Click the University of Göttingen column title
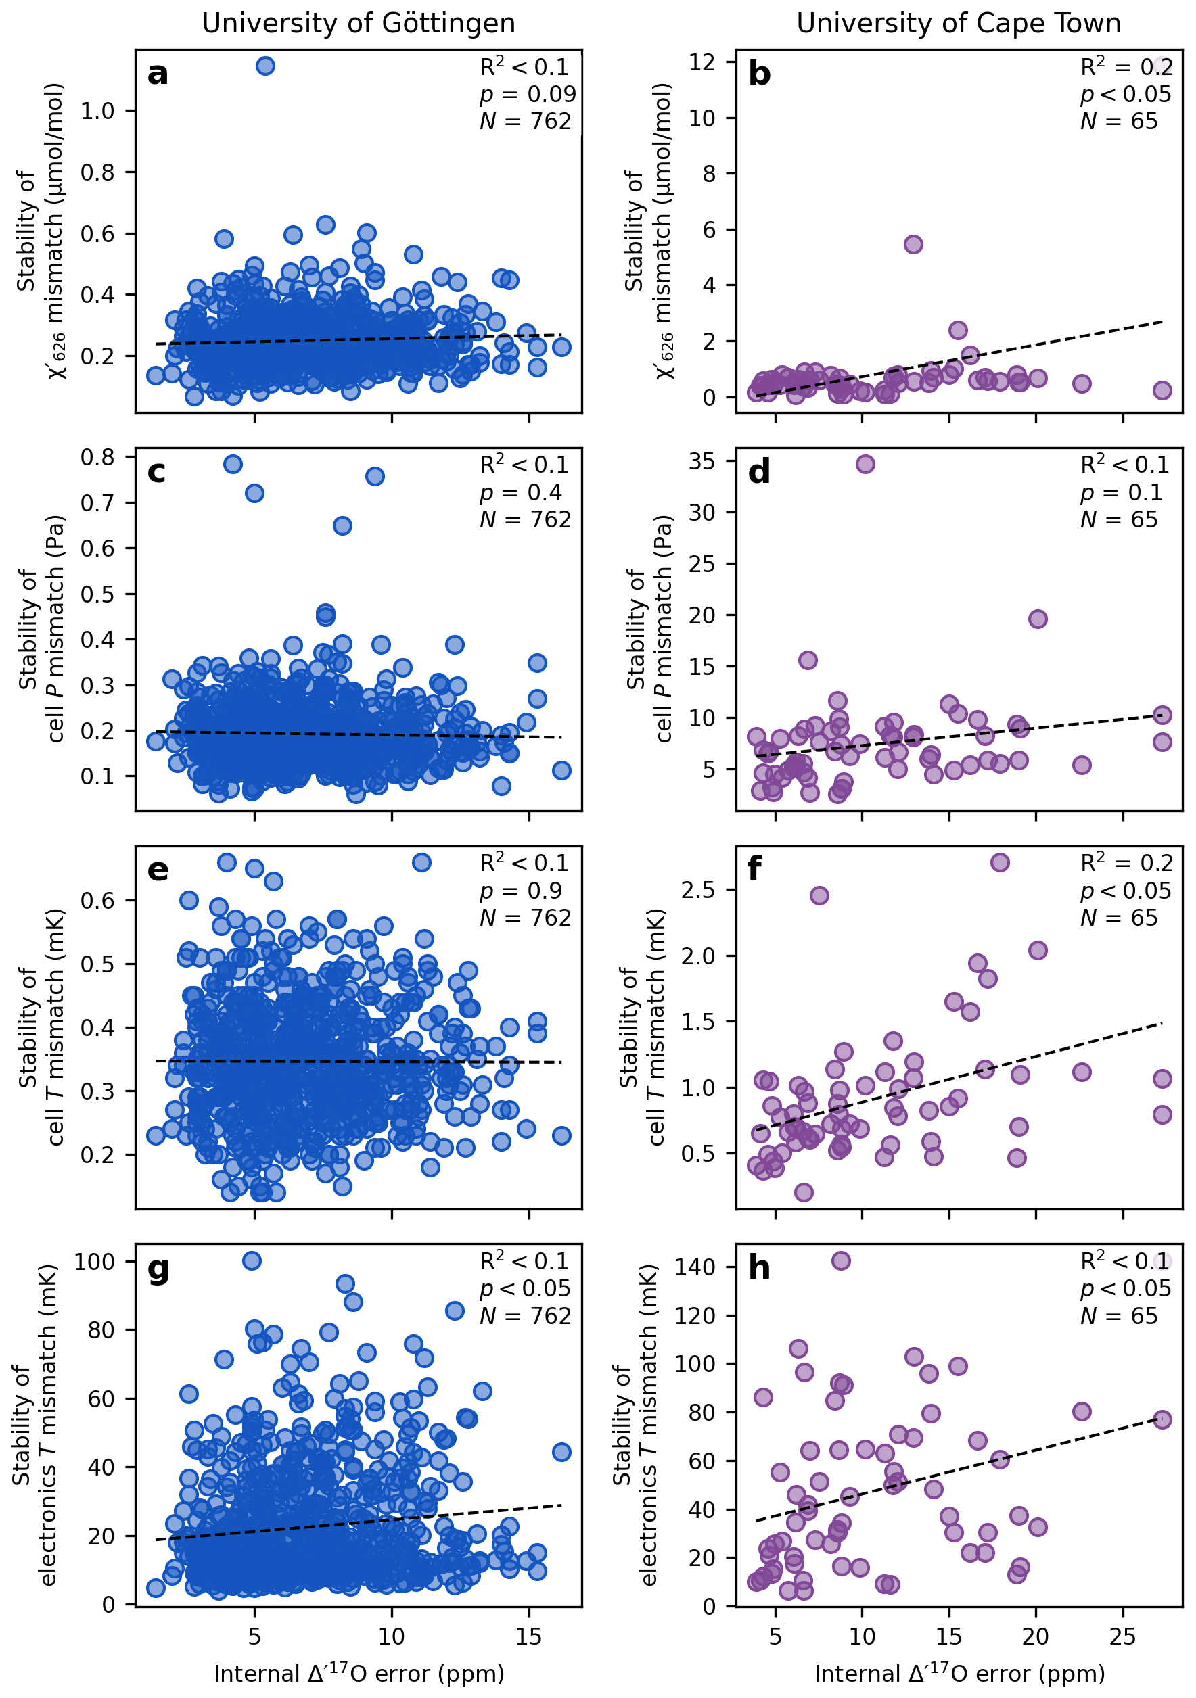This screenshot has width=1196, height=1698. tap(359, 24)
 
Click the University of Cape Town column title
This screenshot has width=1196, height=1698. tap(958, 24)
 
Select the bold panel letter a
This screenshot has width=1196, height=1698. tap(158, 74)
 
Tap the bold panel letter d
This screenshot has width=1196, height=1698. tap(759, 472)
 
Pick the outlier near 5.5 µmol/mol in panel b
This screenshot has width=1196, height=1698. tap(913, 244)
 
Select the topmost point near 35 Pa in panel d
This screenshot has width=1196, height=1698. tap(865, 464)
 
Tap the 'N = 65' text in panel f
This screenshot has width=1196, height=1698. tap(1118, 918)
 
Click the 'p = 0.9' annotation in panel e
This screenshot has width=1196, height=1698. tap(521, 891)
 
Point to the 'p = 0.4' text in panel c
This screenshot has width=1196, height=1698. tap(521, 492)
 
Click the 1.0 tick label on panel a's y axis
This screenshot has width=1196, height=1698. tap(97, 111)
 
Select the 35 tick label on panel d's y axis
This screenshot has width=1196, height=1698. tap(702, 461)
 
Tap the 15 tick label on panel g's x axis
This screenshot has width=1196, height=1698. tap(529, 1636)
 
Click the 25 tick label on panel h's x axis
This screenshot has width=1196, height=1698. tap(1123, 1636)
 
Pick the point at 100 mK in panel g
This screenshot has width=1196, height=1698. tap(252, 1260)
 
